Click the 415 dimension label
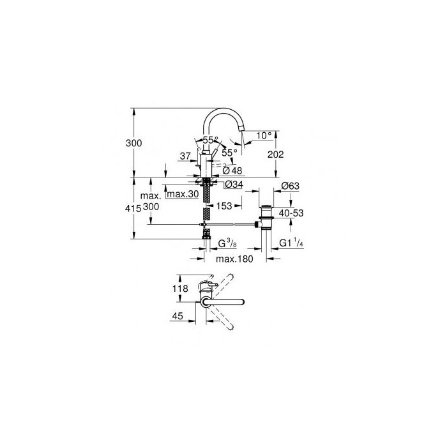[x=133, y=209]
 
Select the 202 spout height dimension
[x=276, y=155]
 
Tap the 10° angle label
[x=264, y=135]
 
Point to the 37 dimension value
[x=185, y=156]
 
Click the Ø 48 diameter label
[x=232, y=170]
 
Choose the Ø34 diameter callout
[x=234, y=185]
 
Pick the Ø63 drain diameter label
[x=290, y=186]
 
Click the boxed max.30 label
[x=183, y=194]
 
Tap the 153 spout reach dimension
[x=224, y=206]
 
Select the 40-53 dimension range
[x=291, y=213]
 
